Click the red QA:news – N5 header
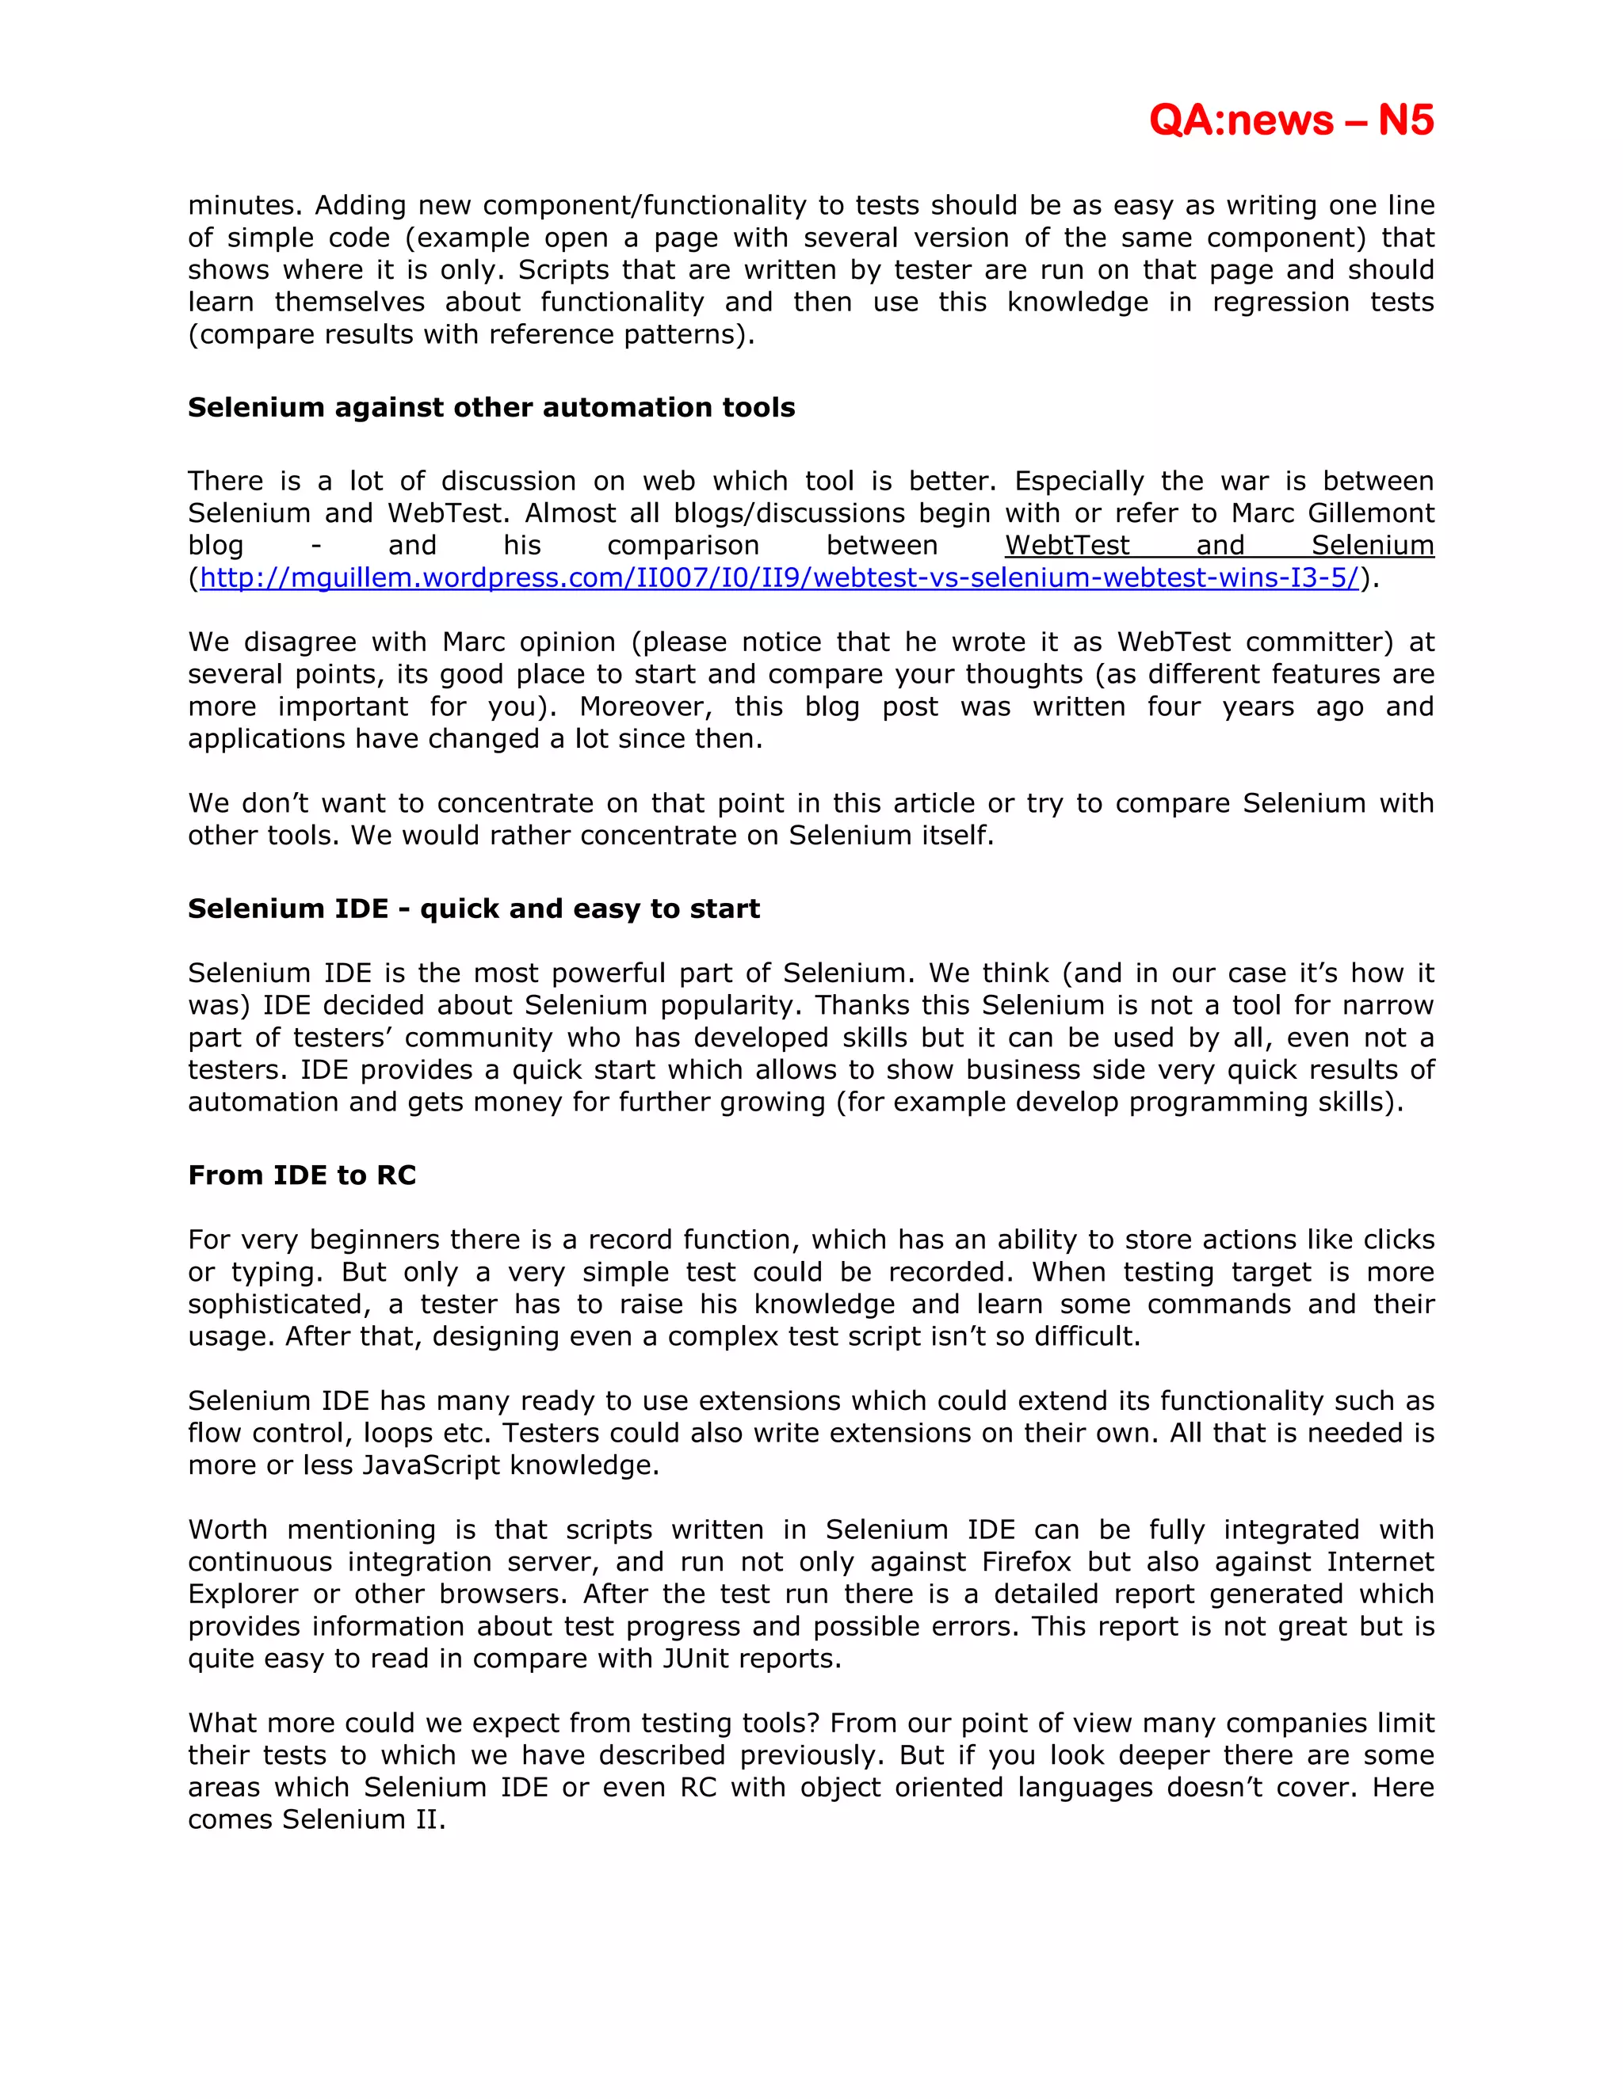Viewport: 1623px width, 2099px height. click(x=1290, y=120)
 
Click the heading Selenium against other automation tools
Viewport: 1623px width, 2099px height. click(x=491, y=407)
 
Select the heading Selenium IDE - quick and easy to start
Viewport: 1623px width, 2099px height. click(x=473, y=909)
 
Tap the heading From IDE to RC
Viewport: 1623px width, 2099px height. click(x=302, y=1175)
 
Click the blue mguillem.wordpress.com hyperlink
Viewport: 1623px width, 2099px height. click(x=779, y=577)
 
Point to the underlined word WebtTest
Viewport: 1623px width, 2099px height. click(x=1067, y=545)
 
